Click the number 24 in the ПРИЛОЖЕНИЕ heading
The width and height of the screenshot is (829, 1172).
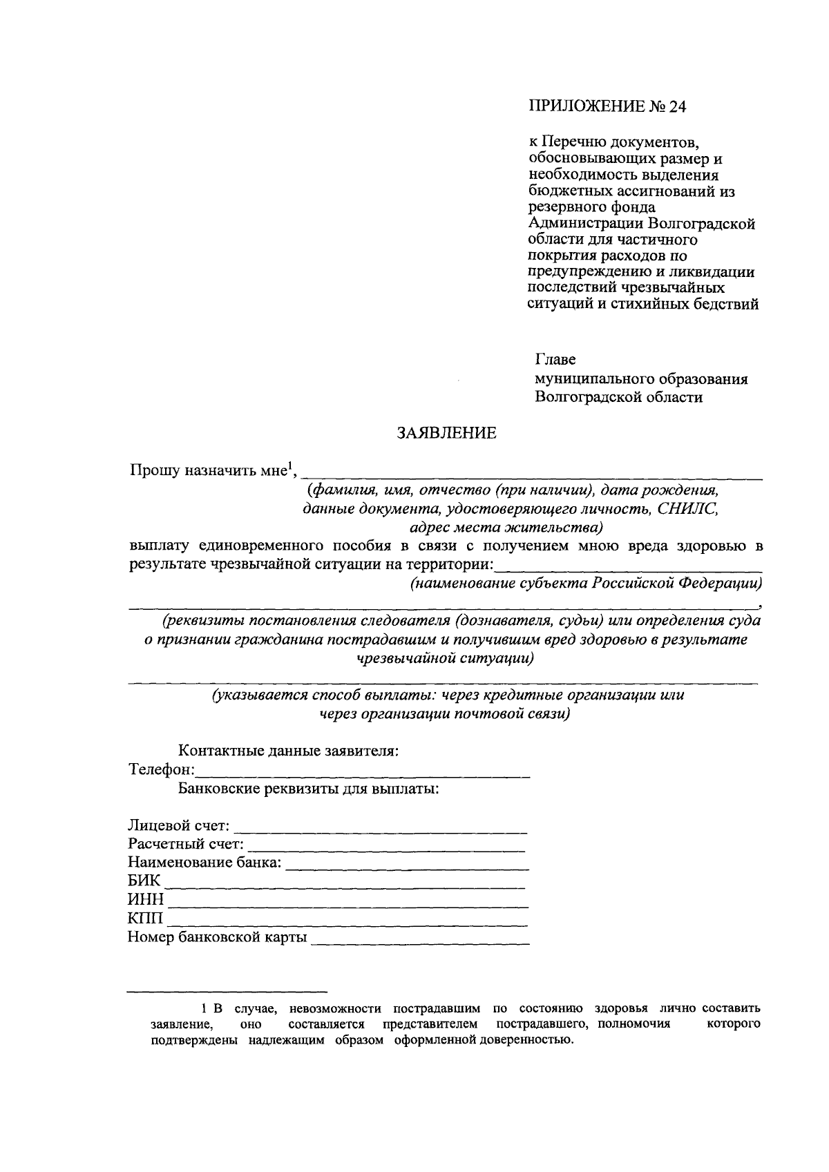pyautogui.click(x=679, y=107)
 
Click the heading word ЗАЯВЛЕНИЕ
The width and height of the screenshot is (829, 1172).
pyautogui.click(x=446, y=434)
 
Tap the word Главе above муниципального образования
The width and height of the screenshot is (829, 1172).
pyautogui.click(x=556, y=361)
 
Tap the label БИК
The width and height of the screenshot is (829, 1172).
pyautogui.click(x=144, y=881)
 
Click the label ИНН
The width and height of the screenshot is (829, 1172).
pyautogui.click(x=146, y=900)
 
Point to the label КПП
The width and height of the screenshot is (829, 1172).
pyautogui.click(x=145, y=919)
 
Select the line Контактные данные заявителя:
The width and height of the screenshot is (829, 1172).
pyautogui.click(x=288, y=751)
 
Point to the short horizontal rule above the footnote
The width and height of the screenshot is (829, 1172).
pyautogui.click(x=227, y=990)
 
